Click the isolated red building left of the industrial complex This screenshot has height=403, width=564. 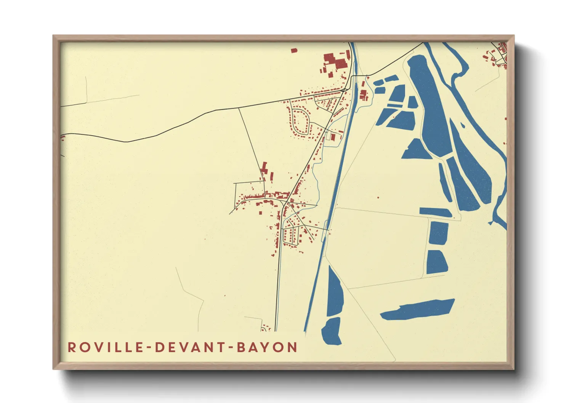[x=293, y=50]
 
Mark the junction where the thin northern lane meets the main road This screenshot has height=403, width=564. [x=239, y=108]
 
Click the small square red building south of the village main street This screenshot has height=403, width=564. [x=261, y=212]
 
